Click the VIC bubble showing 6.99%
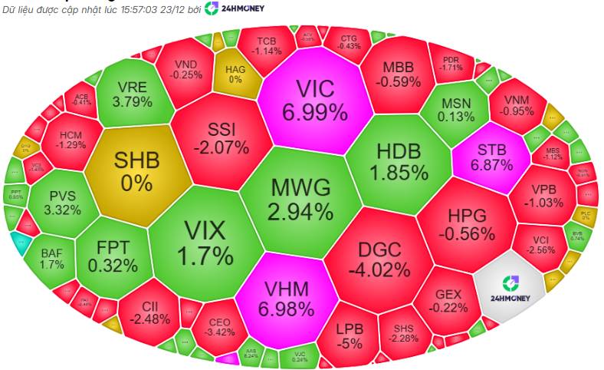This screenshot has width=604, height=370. point(314,100)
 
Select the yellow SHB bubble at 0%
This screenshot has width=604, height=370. point(137,170)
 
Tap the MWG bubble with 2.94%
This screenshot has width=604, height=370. point(300,198)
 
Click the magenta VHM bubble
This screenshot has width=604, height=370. point(285,299)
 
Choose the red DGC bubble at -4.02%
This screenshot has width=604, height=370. point(379,259)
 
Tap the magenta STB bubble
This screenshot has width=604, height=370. point(491,157)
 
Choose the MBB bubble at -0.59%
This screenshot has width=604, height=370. point(402,73)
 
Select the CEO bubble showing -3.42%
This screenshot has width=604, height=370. point(219,326)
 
